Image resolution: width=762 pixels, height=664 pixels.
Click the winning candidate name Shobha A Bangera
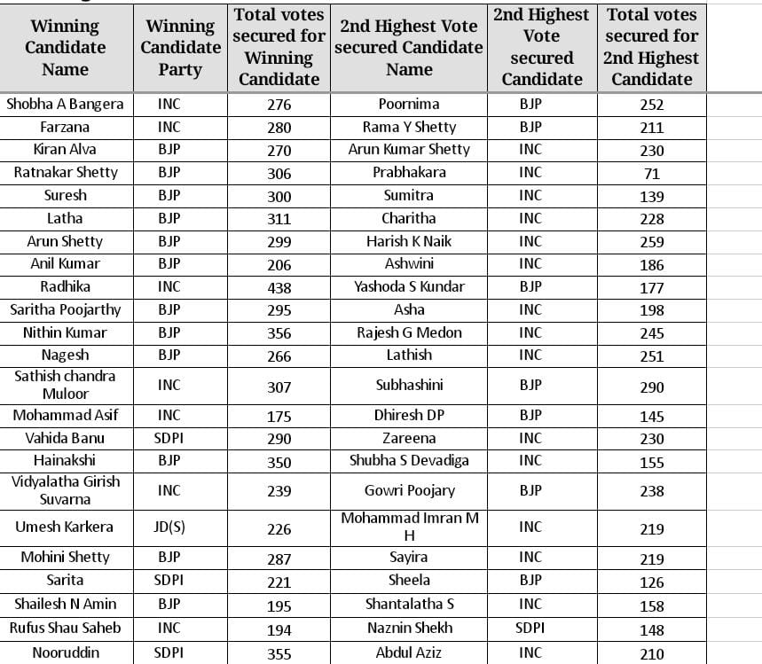[x=65, y=104]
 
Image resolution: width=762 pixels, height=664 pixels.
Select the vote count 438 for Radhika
[x=279, y=287]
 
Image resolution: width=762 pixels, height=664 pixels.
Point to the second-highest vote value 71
[x=651, y=173]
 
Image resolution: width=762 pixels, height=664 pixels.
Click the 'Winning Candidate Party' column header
[x=180, y=48]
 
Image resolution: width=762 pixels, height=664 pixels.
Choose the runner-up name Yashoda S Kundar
[x=409, y=286]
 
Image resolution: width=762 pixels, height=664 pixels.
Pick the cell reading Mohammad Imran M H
[x=409, y=527]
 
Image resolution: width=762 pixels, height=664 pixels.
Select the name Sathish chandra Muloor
[x=65, y=385]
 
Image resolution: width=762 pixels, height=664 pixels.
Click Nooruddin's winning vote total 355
[x=279, y=653]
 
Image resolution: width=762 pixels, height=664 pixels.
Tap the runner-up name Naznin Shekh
[x=409, y=628]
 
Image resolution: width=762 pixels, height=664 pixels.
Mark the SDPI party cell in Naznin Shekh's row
[x=530, y=628]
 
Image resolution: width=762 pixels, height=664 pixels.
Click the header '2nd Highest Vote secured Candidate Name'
[x=409, y=48]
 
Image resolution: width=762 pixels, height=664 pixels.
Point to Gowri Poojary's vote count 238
[x=651, y=491]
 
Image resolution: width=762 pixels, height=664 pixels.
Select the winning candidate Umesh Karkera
[x=65, y=527]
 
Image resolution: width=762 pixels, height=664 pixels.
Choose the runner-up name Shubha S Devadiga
[x=409, y=460]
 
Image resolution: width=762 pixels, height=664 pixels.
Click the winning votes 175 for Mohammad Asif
[x=279, y=416]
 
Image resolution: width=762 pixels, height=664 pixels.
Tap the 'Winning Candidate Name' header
[x=66, y=48]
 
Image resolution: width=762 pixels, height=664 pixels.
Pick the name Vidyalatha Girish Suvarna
[x=65, y=490]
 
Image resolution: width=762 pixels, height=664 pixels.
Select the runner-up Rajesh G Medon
[x=409, y=332]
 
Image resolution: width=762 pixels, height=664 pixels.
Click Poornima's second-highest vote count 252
[x=651, y=105]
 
